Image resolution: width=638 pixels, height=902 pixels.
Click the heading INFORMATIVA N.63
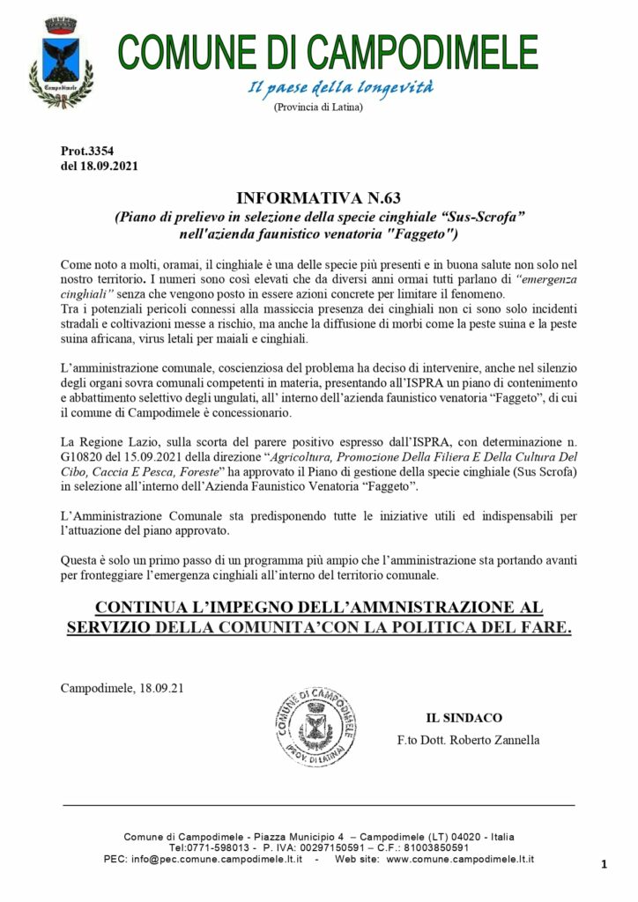pos(318,198)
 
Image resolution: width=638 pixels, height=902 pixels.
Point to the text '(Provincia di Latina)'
pos(318,107)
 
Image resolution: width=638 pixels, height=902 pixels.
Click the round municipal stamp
pos(315,727)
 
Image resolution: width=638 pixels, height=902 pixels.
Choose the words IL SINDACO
pos(464,718)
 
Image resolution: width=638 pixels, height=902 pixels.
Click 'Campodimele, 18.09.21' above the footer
pos(122,687)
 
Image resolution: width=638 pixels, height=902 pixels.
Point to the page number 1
pos(604,865)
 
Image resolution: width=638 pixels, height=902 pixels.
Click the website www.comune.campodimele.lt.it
pos(460,859)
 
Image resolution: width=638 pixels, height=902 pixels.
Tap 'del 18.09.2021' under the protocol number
pos(99,165)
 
